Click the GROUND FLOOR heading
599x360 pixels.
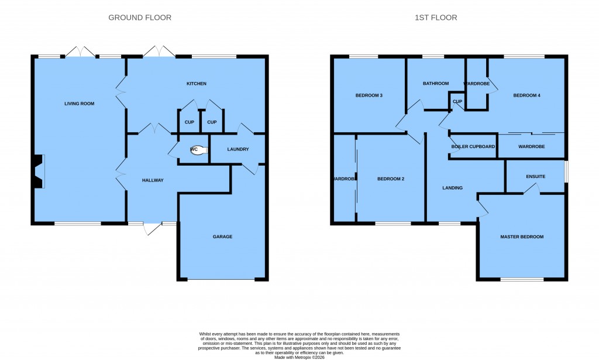tap(140, 18)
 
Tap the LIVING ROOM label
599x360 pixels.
tap(79, 104)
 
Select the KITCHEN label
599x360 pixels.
tap(197, 84)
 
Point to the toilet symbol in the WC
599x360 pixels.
tap(198, 149)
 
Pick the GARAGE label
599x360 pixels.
tap(222, 236)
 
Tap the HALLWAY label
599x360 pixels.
tap(153, 180)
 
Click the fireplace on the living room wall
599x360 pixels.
tap(38, 171)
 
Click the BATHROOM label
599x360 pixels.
tap(436, 84)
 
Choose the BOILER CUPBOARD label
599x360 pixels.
tap(473, 146)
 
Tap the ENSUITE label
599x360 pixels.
tap(535, 176)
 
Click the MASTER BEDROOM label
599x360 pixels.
tap(522, 236)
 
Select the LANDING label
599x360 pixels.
tap(452, 188)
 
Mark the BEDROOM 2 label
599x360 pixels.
tap(391, 179)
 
